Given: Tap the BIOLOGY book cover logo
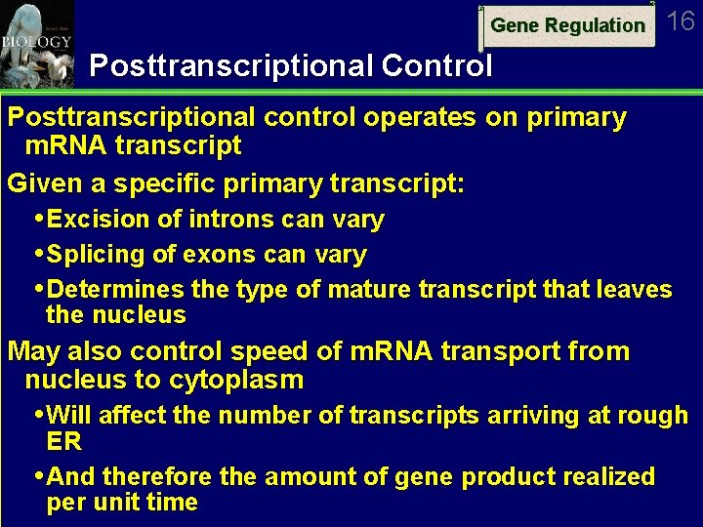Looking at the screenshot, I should pyautogui.click(x=36, y=43).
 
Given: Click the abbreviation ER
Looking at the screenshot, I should pyautogui.click(x=63, y=441).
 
